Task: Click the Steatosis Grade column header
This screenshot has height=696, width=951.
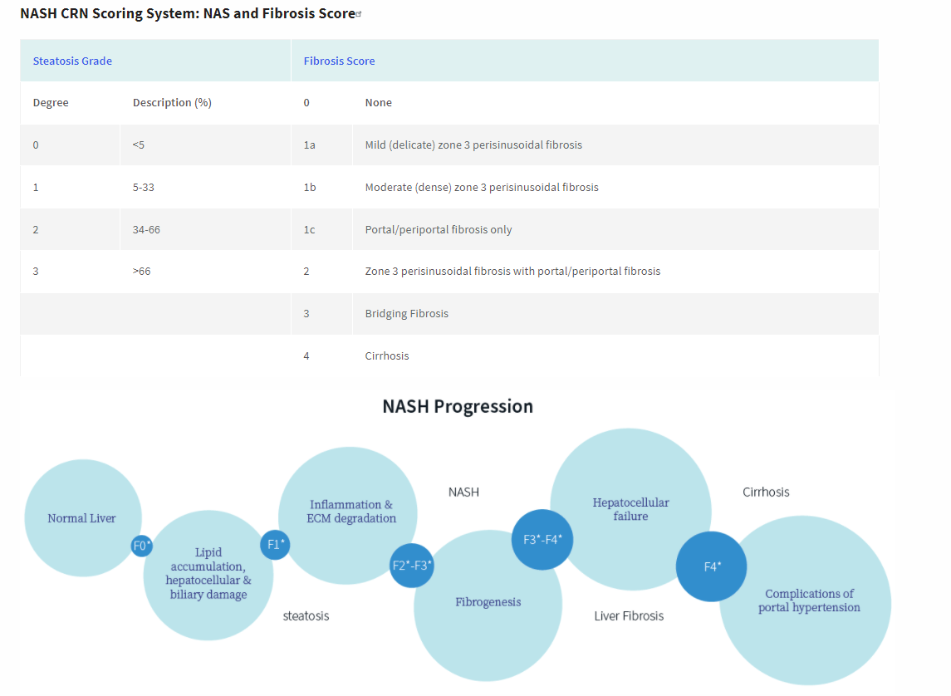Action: (72, 61)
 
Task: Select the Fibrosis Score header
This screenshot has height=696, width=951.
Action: (339, 61)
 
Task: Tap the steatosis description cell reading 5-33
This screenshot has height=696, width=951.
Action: (143, 187)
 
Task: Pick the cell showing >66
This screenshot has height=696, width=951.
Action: (141, 272)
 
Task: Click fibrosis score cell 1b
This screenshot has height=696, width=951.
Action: (310, 187)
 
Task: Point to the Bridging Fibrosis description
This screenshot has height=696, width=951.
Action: (406, 313)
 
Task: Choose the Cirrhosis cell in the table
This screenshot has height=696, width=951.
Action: (386, 355)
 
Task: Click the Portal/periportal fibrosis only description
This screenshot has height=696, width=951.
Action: (438, 229)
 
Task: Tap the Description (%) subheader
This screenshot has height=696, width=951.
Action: (172, 103)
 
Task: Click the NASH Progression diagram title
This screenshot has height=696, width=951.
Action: (458, 406)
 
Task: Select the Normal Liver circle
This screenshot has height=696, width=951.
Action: (81, 518)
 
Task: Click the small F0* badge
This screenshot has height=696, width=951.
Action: (142, 546)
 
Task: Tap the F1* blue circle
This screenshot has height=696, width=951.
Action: (276, 545)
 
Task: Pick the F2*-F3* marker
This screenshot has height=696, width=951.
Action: (412, 566)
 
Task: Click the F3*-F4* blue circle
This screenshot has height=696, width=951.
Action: (542, 539)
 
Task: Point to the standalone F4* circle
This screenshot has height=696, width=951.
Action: (712, 566)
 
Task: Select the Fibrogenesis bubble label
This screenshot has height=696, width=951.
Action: (488, 602)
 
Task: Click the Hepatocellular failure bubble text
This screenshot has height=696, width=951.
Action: (630, 509)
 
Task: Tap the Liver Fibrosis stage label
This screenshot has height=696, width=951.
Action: (629, 615)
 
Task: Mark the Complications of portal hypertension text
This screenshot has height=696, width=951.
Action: (809, 600)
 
